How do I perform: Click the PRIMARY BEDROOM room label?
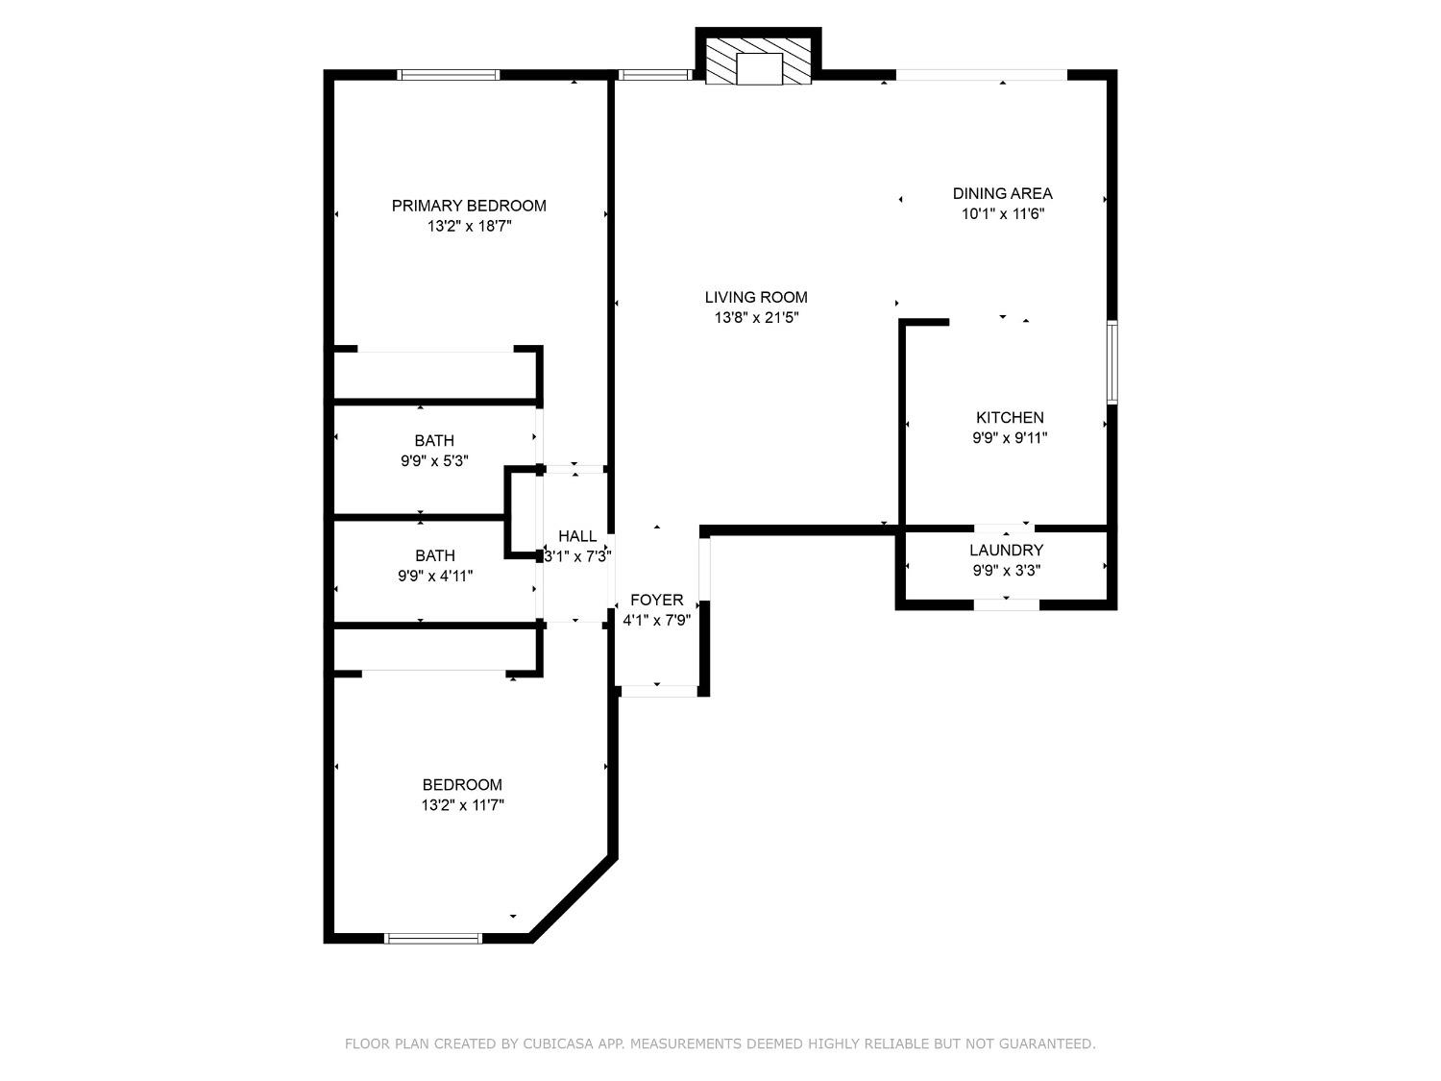(x=469, y=206)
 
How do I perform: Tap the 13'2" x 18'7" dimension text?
(x=469, y=227)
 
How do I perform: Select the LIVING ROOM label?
(x=756, y=298)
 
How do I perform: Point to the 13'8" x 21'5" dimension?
(x=756, y=318)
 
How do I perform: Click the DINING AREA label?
(x=1002, y=193)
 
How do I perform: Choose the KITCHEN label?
(x=1010, y=418)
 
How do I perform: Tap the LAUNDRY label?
(x=1006, y=551)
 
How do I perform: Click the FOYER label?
(x=657, y=601)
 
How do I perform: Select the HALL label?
(x=577, y=536)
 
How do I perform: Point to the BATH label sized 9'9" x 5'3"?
(x=434, y=441)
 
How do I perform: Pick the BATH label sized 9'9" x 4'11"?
(x=435, y=555)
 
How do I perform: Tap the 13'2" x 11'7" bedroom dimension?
(x=462, y=805)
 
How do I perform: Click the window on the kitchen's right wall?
(x=1111, y=362)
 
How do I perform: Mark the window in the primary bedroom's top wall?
(x=449, y=75)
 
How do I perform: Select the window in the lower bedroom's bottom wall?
(x=432, y=938)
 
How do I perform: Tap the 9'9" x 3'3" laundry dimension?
(x=1006, y=571)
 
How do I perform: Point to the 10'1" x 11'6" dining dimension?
(x=1002, y=214)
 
